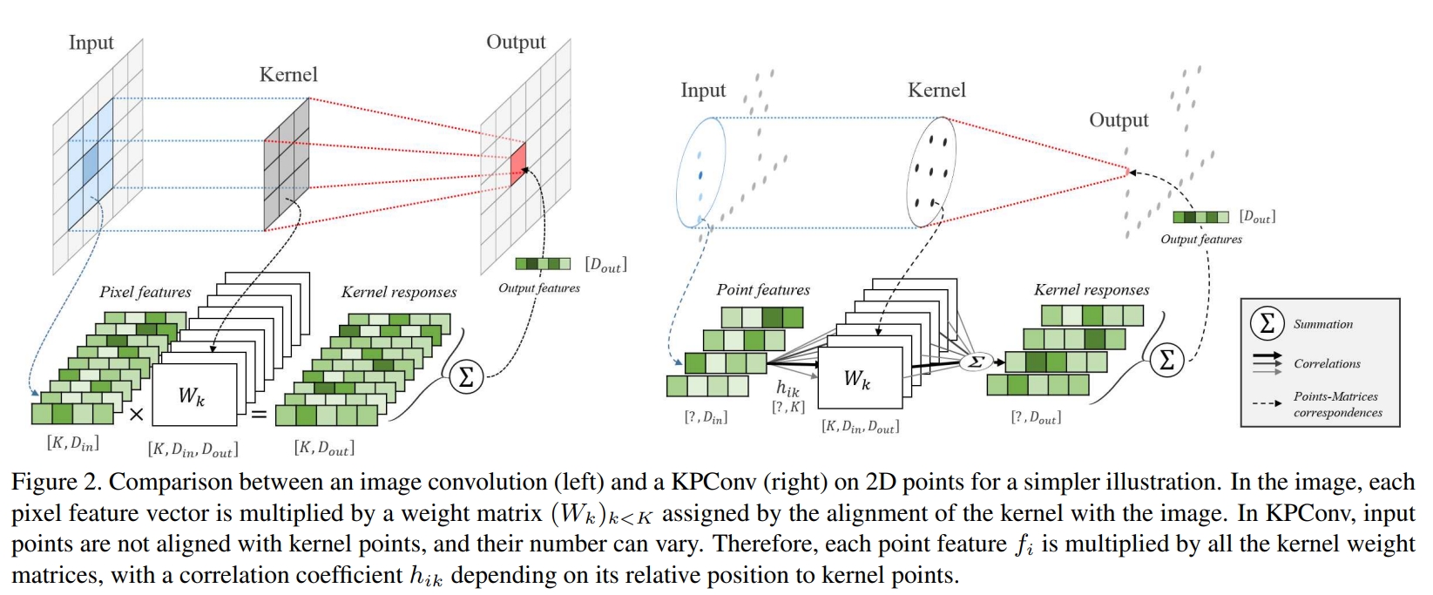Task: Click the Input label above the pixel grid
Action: [91, 43]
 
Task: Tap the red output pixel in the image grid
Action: [518, 165]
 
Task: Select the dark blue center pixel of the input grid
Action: [91, 163]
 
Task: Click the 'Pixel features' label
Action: [145, 293]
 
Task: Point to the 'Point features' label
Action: [763, 290]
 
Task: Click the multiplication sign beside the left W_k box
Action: [136, 415]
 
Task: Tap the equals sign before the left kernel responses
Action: [259, 415]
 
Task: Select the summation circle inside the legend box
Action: [1267, 324]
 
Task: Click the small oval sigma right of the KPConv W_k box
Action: [976, 362]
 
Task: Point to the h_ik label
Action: [787, 388]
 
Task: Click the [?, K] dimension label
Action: [788, 407]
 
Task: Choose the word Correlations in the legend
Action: [1328, 363]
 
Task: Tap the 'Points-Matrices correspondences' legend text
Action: [1338, 404]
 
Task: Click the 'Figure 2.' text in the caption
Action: [57, 481]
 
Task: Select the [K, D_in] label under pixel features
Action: [73, 443]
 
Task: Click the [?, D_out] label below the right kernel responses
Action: [1037, 418]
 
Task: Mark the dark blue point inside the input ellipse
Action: [700, 174]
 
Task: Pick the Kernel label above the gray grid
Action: [288, 75]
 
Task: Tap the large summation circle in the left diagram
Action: [466, 377]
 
